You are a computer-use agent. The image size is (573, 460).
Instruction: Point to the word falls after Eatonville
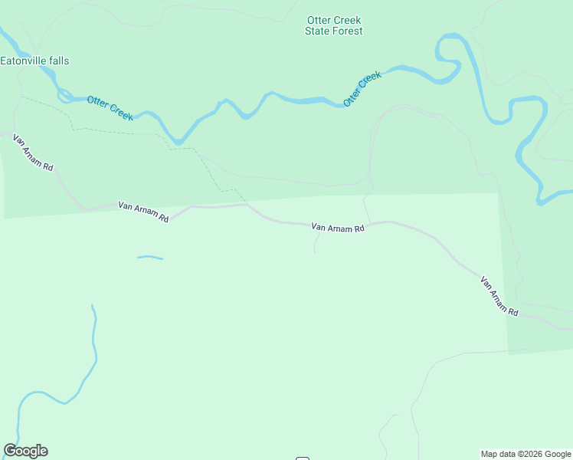point(58,61)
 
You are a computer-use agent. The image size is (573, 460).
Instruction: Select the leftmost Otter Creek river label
point(110,108)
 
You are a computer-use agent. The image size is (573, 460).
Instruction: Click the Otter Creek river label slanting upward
point(362,89)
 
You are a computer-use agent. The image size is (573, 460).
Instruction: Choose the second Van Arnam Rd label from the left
point(143,212)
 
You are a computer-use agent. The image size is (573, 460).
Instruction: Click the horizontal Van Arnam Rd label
point(338,228)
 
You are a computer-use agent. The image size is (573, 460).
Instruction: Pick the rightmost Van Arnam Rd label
point(499,297)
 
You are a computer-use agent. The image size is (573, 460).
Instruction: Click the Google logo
point(25,451)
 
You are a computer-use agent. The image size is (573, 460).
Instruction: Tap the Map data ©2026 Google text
point(526,454)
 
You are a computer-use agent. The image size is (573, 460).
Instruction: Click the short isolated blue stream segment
point(150,258)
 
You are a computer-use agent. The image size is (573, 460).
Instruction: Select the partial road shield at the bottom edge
point(303,458)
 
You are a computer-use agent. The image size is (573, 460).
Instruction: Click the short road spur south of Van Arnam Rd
point(316,242)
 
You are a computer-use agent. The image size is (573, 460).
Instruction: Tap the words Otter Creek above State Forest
point(334,20)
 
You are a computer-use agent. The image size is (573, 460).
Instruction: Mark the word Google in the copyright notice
point(556,454)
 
